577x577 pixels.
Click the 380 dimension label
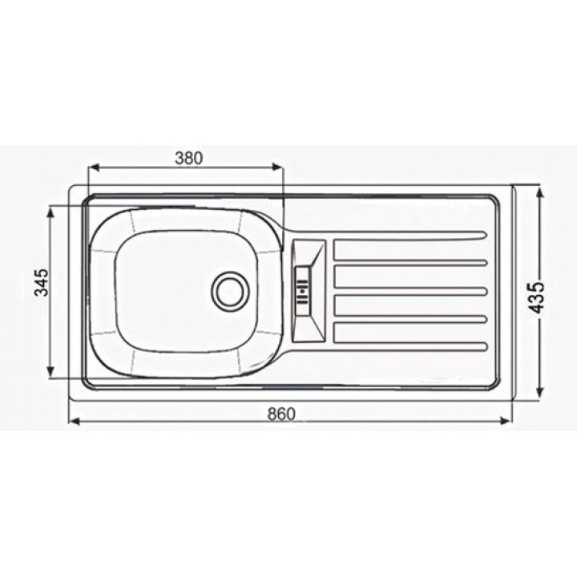point(189,158)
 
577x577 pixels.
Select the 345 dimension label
point(42,282)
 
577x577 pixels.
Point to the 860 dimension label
point(281,414)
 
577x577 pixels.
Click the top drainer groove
point(410,236)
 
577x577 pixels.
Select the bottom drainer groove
point(410,345)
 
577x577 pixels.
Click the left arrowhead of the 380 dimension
point(95,167)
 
